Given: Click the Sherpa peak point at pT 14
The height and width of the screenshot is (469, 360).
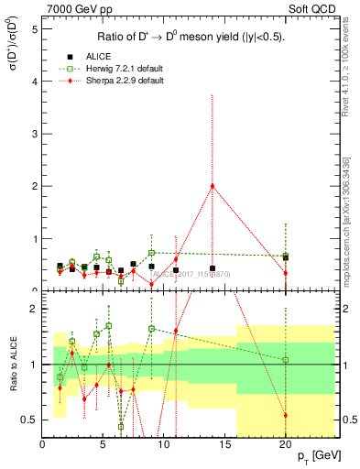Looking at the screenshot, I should (213, 186).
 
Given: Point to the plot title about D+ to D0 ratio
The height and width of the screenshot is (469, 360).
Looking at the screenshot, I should (191, 38).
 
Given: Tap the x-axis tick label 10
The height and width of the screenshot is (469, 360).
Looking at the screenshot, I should (164, 445).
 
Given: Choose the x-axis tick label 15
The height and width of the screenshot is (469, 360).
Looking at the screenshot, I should (224, 445).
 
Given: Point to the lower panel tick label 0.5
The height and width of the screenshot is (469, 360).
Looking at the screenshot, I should (30, 420).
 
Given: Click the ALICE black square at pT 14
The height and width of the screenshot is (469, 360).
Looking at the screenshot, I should (213, 268).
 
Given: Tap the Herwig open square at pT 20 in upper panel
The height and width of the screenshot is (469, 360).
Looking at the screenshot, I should (286, 256).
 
